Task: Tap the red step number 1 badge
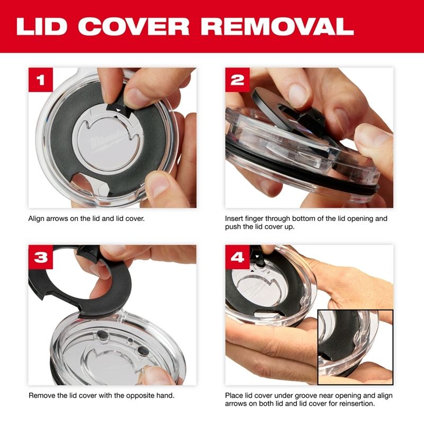tap(41, 81)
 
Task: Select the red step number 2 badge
tap(238, 81)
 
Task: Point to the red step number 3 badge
tap(41, 258)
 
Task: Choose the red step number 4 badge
tap(238, 258)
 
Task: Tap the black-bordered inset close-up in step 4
tap(354, 347)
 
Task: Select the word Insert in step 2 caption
tap(235, 218)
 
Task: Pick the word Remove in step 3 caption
tap(40, 395)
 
